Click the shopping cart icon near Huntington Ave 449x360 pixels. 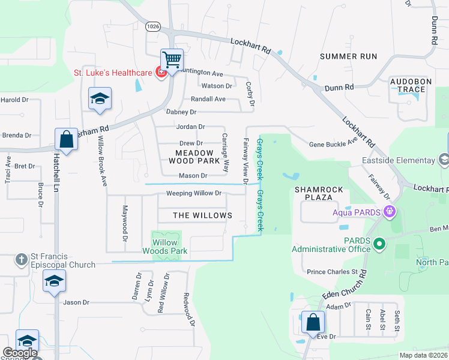[x=172, y=60]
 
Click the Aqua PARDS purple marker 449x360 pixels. [x=390, y=211]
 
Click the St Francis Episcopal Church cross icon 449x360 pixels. [x=21, y=259]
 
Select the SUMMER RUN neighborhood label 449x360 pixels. [x=348, y=56]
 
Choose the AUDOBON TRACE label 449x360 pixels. [x=408, y=85]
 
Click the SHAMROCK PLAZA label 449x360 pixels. [x=319, y=194]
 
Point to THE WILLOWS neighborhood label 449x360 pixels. [x=202, y=215]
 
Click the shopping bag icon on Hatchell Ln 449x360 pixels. [x=65, y=139]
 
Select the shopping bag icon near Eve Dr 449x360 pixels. [x=313, y=322]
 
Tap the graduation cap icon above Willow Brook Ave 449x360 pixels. [x=100, y=99]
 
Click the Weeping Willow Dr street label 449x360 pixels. [x=194, y=193]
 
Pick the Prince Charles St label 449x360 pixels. [x=332, y=272]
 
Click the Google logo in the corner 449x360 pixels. [x=20, y=353]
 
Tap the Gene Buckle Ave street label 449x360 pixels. [x=333, y=144]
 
